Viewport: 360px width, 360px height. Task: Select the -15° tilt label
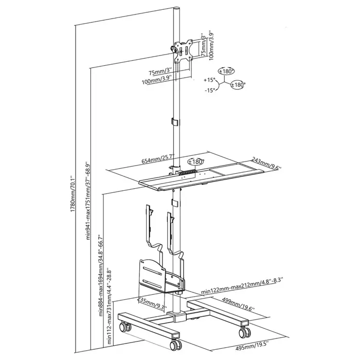point(209,91)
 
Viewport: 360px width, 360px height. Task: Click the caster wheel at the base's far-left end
point(124,327)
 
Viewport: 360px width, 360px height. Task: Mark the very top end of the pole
point(176,9)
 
